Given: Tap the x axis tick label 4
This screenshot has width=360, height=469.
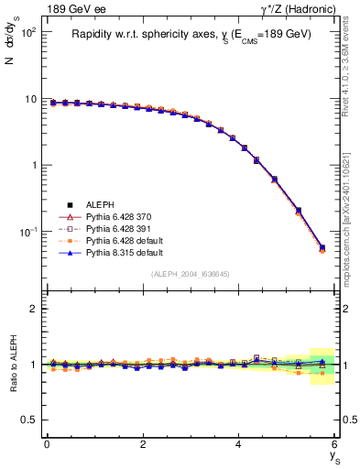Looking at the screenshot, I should [x=239, y=444].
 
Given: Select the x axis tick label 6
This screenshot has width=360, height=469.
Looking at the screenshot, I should [x=335, y=444].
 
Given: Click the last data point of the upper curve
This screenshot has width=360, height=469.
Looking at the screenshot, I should [x=322, y=247].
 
